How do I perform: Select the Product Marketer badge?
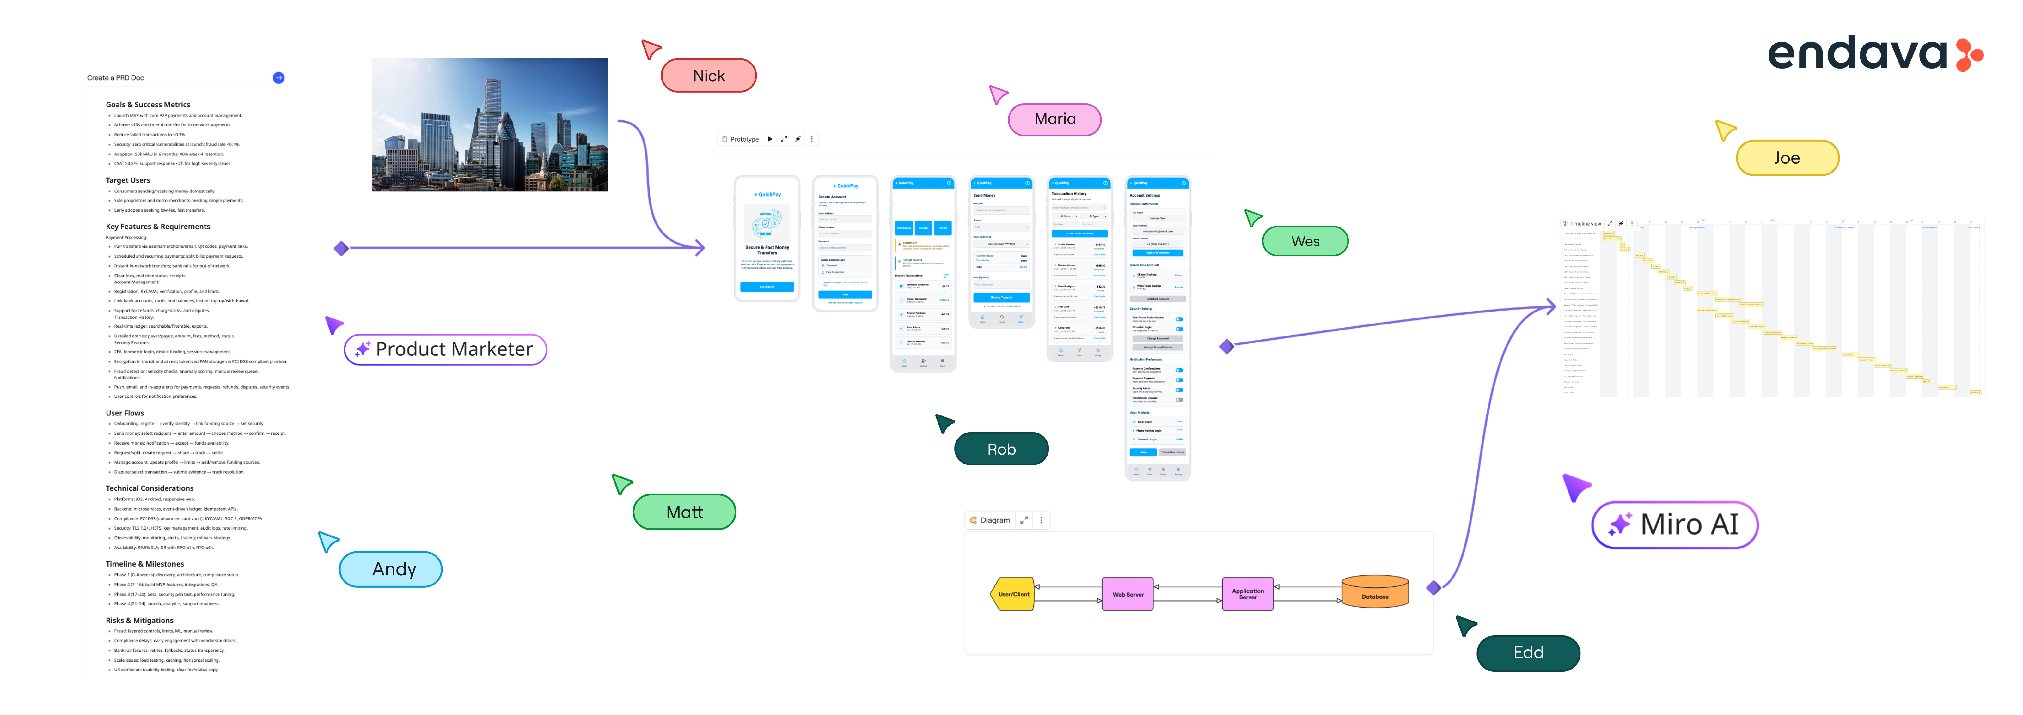(445, 349)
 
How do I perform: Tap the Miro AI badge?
(1674, 524)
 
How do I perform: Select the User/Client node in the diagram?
(1013, 594)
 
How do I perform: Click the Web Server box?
(1128, 594)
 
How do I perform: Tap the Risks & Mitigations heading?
(140, 620)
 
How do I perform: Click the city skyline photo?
(489, 125)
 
